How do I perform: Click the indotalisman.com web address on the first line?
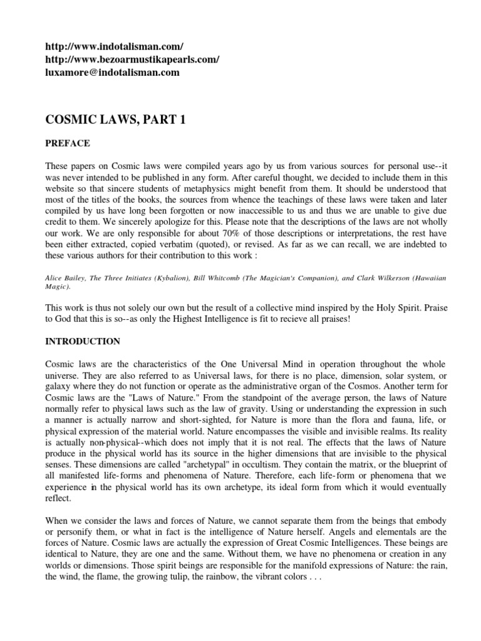tap(115, 47)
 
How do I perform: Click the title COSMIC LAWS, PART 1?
tap(116, 120)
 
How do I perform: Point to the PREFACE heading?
tap(68, 143)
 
